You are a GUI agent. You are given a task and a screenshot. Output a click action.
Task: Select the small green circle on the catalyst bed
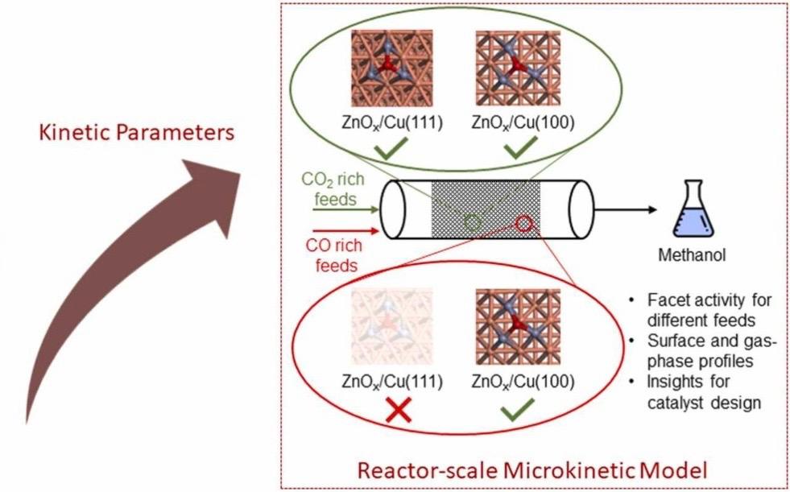tap(474, 221)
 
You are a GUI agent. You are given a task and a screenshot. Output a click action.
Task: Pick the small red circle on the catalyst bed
tap(524, 222)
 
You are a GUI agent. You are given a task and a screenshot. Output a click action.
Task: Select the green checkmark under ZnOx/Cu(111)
tap(391, 149)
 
